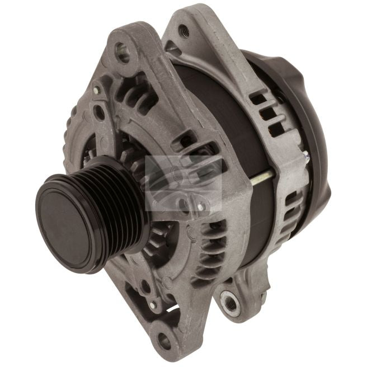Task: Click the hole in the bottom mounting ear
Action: [163, 337]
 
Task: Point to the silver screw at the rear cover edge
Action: [307, 158]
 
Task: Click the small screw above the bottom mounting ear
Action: [152, 305]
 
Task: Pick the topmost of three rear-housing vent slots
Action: [258, 101]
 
